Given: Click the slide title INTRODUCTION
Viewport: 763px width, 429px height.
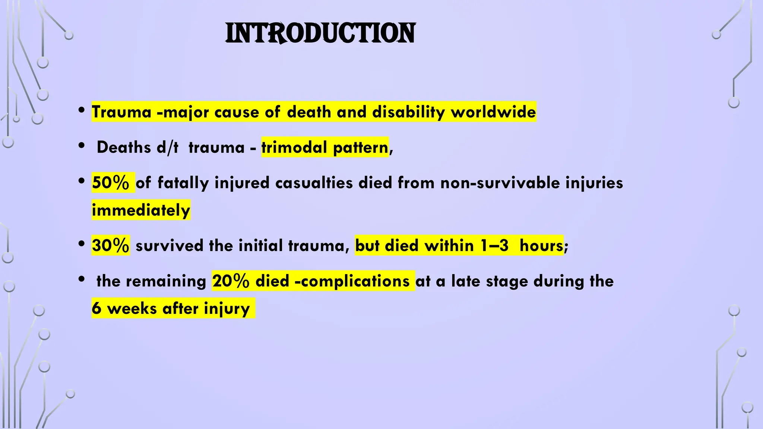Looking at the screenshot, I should (x=320, y=34).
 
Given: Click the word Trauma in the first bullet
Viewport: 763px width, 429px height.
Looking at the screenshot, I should (x=121, y=112).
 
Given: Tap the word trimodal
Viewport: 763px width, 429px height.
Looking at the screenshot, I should (x=294, y=147).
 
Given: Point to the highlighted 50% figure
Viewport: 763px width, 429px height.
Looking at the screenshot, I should (x=111, y=183).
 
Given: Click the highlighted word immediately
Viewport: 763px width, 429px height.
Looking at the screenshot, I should (x=141, y=210).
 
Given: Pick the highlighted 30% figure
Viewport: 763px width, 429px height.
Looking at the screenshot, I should (x=111, y=246).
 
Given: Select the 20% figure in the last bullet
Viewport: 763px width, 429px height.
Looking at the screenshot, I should (x=231, y=281).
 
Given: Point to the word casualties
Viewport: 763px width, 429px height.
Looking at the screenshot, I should (x=314, y=183).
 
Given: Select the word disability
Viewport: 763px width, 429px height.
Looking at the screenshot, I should (x=408, y=112).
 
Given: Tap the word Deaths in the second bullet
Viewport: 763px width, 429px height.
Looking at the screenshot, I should (x=124, y=147).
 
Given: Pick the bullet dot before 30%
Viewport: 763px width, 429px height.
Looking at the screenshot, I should (x=82, y=244).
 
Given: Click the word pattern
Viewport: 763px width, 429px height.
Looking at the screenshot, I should (x=360, y=147).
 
